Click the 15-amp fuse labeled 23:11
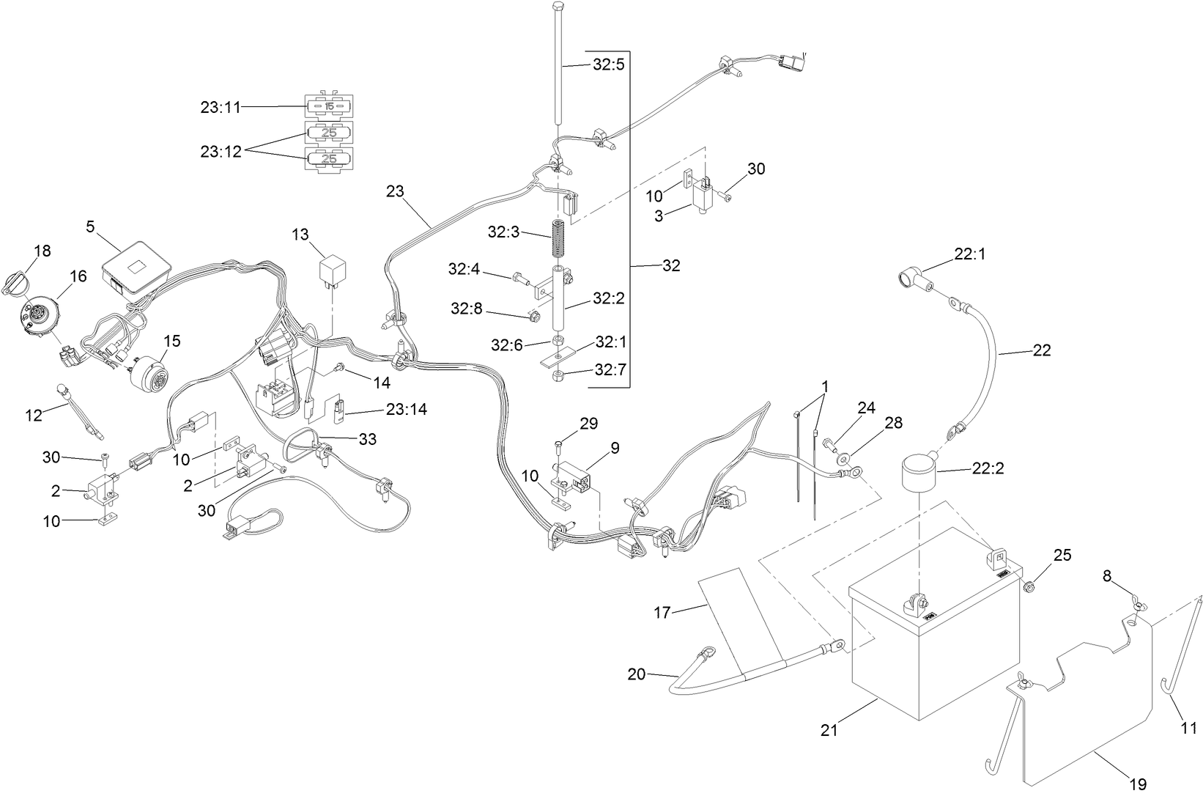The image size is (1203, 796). click(328, 107)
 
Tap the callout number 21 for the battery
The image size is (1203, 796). click(829, 729)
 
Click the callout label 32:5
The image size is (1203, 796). click(608, 65)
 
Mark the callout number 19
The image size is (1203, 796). click(1138, 784)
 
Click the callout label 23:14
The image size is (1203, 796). click(407, 409)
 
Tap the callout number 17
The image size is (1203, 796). click(662, 613)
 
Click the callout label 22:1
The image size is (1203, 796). click(971, 254)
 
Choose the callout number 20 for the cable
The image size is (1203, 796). click(636, 674)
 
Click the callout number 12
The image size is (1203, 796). click(34, 415)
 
